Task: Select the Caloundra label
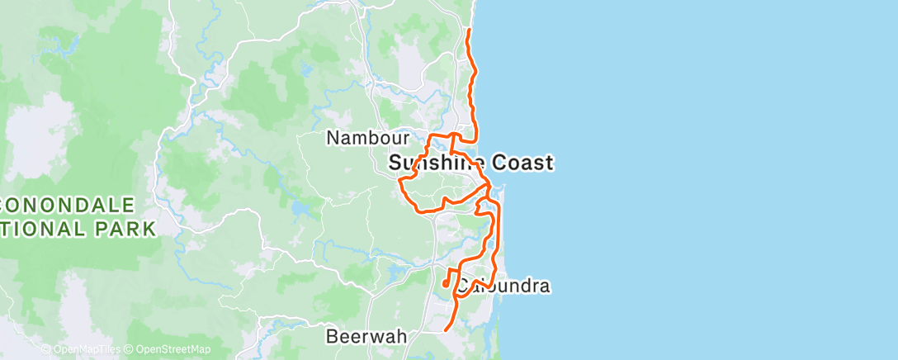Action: (504, 287)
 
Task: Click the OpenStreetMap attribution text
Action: (173, 350)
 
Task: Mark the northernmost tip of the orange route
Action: (469, 30)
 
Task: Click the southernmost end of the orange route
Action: (446, 330)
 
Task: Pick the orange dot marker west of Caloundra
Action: (445, 283)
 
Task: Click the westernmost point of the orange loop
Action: (399, 178)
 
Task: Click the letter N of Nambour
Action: (333, 138)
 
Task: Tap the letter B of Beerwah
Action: (332, 337)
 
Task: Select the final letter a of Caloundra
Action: (545, 287)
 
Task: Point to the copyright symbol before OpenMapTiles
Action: (46, 350)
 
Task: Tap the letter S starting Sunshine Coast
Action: (395, 163)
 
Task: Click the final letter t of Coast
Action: (549, 163)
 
